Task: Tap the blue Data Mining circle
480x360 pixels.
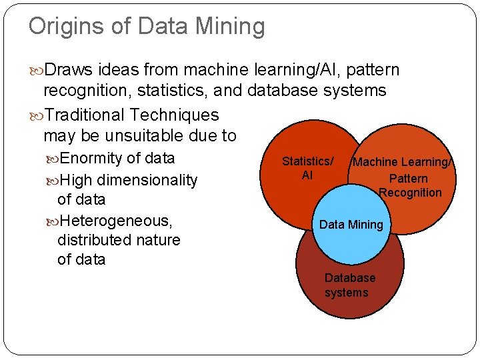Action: tap(351, 225)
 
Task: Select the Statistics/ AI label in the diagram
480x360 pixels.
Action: tap(307, 168)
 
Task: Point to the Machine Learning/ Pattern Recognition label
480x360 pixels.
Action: tap(405, 177)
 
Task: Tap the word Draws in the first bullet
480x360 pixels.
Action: tap(71, 70)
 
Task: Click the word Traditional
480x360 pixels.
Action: tap(92, 115)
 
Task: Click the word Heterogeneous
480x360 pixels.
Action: tap(115, 220)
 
